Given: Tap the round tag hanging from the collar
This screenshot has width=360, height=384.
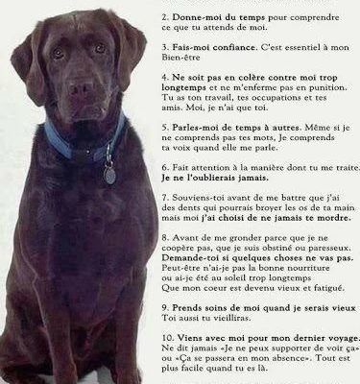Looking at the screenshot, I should (x=110, y=176).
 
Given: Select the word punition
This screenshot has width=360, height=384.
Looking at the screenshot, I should (x=331, y=99).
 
